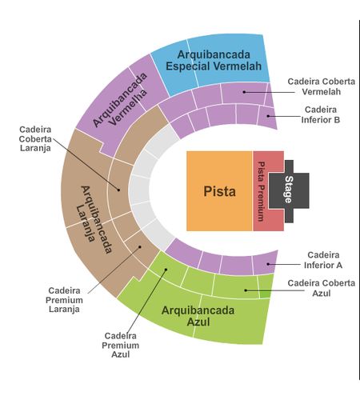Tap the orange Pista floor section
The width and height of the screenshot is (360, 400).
pos(219,191)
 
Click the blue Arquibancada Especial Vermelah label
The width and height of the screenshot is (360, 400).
pos(214,61)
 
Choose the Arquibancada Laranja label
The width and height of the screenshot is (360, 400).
pos(97,219)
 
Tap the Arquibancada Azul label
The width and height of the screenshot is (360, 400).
pos(198,316)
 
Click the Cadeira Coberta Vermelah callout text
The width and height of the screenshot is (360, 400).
pos(322,86)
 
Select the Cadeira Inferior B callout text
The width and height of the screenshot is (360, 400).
pos(321,114)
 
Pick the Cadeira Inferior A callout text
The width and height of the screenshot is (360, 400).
pos(323,260)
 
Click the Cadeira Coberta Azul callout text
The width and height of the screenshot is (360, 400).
pos(322,288)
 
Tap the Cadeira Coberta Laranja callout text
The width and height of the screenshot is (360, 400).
pos(35,138)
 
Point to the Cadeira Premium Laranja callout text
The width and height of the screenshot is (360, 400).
pos(64,300)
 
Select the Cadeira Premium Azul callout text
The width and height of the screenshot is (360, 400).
pos(120,345)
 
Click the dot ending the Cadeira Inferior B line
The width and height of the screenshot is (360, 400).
pos(268,116)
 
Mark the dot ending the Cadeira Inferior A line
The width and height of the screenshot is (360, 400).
pos(268,264)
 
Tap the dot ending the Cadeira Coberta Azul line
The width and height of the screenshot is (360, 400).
pos(246,290)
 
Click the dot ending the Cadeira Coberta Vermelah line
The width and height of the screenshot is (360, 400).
pos(244,92)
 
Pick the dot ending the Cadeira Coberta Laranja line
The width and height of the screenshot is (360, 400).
pos(118,190)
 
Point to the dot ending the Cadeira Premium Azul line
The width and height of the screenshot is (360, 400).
pos(166,270)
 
